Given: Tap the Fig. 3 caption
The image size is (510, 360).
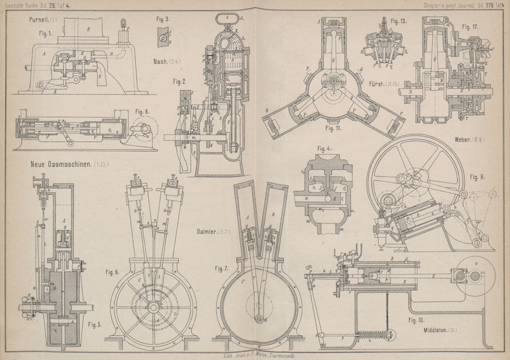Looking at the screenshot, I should pyautogui.click(x=163, y=20).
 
